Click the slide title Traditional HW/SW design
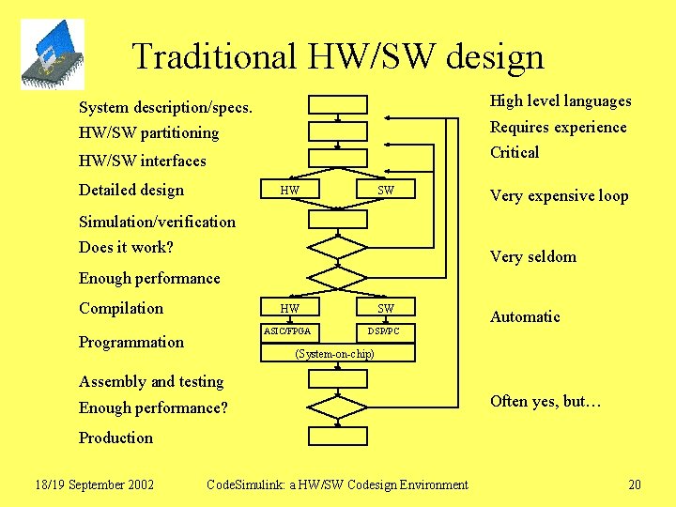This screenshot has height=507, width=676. coord(338,56)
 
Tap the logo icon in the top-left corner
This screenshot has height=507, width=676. coord(53,54)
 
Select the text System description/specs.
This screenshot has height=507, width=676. coord(165,108)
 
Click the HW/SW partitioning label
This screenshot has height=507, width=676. coord(148,133)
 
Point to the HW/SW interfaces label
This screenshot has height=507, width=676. coord(142,161)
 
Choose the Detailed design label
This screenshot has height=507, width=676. coord(131,190)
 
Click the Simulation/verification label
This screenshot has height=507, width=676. coord(157,222)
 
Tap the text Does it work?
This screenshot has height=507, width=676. coord(126,248)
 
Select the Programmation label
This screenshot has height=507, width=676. coord(131,342)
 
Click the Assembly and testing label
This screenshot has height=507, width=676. coord(151,381)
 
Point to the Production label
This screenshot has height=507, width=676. coord(115,438)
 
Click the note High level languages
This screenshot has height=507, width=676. coord(561,101)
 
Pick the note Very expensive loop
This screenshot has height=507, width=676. coord(559,196)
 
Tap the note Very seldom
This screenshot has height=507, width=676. coord(533,256)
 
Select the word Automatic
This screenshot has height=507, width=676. coord(525,317)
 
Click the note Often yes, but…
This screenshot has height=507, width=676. coord(545,401)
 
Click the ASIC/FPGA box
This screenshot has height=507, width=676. coord(287,331)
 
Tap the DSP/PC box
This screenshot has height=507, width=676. coord(383,331)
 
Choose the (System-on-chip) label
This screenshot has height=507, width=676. coord(334,354)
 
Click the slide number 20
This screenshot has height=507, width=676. coord(635,484)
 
